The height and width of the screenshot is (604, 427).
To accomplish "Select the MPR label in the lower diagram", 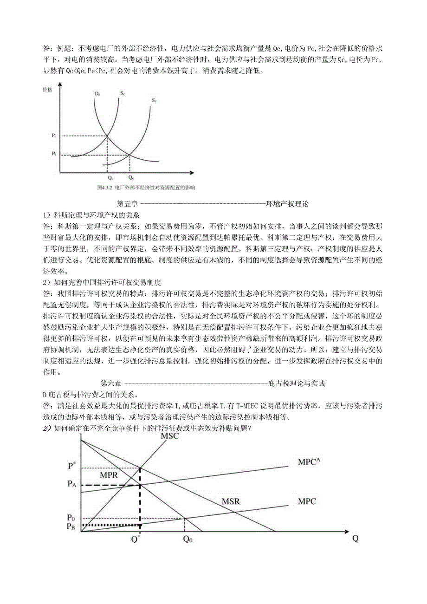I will pos(109,475).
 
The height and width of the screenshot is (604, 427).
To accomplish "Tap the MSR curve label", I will pos(231,502).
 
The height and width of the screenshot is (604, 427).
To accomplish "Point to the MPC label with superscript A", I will pos(309,462).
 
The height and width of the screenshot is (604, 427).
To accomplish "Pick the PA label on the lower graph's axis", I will pos(71,484).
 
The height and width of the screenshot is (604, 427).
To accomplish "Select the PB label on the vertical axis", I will pos(71,526).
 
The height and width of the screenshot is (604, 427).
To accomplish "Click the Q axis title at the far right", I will pos(355,539).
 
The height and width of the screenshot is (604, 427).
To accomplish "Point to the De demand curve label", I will pos(97,94).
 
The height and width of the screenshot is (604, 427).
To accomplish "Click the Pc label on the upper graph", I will pos(54,135).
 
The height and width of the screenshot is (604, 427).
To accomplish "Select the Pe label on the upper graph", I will pos(54,154).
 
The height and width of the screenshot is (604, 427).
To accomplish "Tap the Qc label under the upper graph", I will pos(110,178).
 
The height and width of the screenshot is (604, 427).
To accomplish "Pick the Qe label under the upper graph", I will pos(130,178).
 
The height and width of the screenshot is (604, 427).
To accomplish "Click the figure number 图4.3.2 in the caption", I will pos(105,188).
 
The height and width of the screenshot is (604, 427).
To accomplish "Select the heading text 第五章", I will pos(127,203).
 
